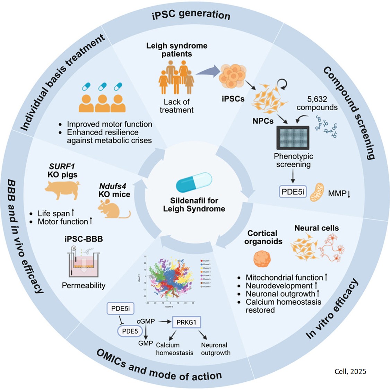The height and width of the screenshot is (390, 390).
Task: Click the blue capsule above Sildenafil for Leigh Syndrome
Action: (194, 182)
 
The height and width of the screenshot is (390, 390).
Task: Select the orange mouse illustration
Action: (112, 209)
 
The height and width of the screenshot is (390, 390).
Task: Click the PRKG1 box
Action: (186, 322)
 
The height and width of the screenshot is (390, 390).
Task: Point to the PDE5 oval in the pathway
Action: (130, 331)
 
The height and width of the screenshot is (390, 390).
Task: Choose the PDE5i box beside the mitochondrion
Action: (293, 191)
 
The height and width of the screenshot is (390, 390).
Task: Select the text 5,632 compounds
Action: (317, 103)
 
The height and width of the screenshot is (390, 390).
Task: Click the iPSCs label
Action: (233, 99)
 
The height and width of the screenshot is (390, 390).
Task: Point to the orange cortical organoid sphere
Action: (262, 259)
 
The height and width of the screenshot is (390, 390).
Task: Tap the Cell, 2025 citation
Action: (350, 371)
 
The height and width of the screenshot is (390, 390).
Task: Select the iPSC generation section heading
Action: (191, 15)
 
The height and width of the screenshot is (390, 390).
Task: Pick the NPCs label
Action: (263, 121)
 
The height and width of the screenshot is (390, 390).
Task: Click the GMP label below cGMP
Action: (145, 343)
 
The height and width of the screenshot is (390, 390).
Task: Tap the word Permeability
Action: (84, 285)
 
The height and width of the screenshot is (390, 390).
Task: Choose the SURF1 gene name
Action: (62, 166)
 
